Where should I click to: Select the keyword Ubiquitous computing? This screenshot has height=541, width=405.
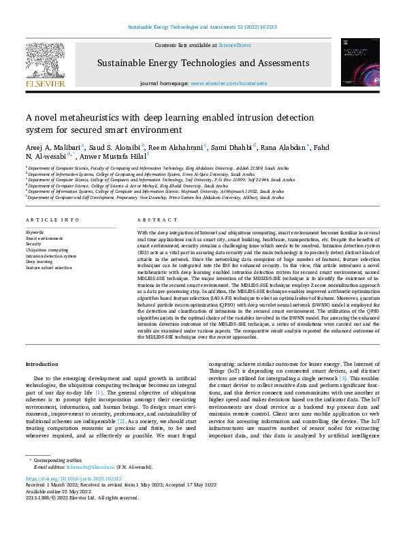(x=46, y=250)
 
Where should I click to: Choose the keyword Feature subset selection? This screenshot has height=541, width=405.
(x=50, y=268)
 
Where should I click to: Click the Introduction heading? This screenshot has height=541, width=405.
(x=42, y=365)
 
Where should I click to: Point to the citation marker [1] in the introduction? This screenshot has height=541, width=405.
(x=99, y=393)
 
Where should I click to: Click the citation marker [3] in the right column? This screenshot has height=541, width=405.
(x=344, y=377)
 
